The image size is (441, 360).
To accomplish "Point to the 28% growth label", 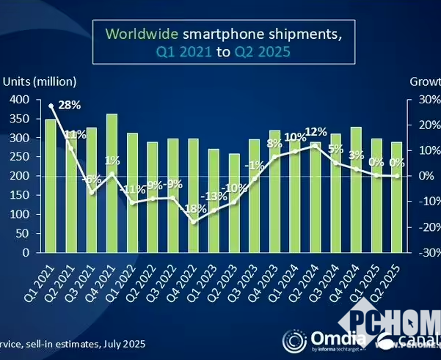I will click(x=69, y=106).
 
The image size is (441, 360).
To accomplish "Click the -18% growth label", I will click(x=193, y=208).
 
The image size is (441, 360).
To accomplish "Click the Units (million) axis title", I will click(x=40, y=81).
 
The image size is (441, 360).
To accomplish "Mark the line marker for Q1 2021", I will click(x=51, y=106).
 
